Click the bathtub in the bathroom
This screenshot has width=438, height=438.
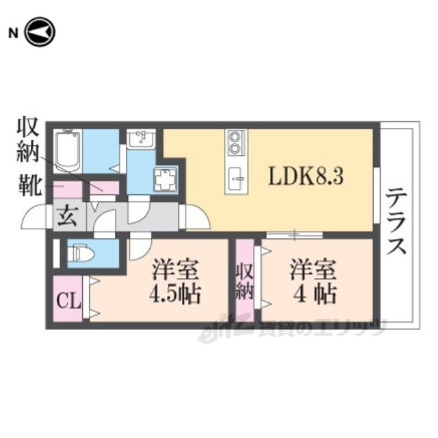point(68,151)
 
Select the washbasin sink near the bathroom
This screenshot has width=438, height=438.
point(142,140)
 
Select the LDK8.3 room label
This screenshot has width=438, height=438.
point(305,176)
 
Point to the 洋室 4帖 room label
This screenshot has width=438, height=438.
point(311,281)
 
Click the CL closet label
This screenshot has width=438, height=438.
point(67,300)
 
